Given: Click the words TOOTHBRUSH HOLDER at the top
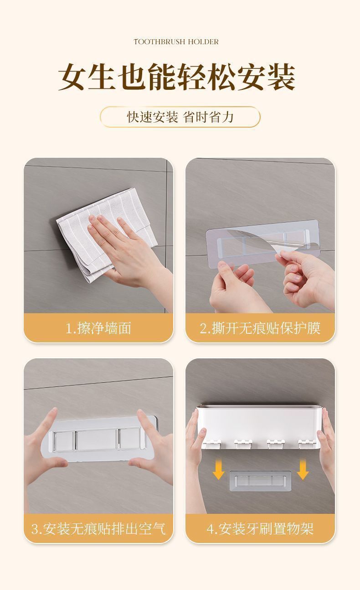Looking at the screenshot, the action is click(176, 42).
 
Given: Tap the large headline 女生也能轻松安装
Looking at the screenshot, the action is click(176, 77).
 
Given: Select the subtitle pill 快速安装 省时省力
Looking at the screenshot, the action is click(180, 117).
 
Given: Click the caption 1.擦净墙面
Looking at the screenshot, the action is click(98, 328).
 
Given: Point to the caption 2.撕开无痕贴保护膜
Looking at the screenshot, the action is click(260, 328).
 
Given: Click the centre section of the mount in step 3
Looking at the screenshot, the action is click(96, 440).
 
